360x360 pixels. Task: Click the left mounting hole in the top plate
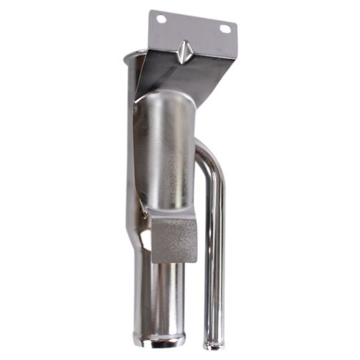pyautogui.click(x=161, y=19)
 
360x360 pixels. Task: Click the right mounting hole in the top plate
pyautogui.click(x=225, y=29)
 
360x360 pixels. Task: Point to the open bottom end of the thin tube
pyautogui.click(x=212, y=342)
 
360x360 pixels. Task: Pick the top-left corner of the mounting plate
pyautogui.click(x=151, y=11)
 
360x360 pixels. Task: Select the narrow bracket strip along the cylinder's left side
pyautogui.click(x=136, y=147)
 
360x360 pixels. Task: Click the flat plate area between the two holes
pyautogui.click(x=192, y=26)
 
